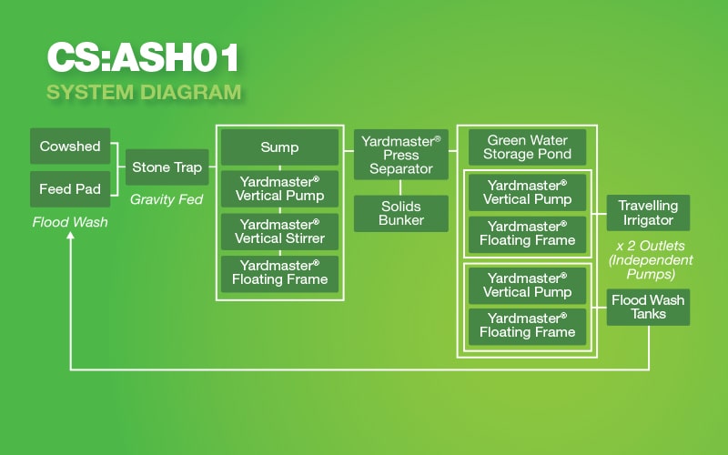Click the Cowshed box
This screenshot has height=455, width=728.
(x=70, y=147)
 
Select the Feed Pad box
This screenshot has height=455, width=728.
(x=70, y=189)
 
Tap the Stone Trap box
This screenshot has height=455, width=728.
(x=167, y=167)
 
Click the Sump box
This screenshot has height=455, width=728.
(x=279, y=147)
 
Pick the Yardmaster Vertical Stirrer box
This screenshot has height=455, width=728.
(x=279, y=232)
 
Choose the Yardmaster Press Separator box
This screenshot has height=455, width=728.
(x=401, y=155)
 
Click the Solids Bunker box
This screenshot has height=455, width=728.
(x=401, y=214)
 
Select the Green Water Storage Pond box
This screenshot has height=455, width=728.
(x=528, y=147)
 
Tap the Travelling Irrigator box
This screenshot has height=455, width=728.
(x=648, y=213)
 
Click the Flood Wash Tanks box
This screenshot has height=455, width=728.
(x=648, y=308)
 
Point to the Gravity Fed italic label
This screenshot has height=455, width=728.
(x=167, y=199)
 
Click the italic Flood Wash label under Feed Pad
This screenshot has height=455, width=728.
(x=70, y=222)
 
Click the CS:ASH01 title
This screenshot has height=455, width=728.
(x=143, y=57)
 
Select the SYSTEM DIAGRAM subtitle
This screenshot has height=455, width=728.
(x=144, y=92)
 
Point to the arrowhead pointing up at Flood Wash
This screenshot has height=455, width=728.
(x=71, y=236)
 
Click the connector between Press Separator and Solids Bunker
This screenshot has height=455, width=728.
(x=400, y=187)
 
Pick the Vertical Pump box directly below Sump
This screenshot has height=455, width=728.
(x=279, y=189)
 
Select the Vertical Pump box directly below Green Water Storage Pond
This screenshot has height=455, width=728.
(x=528, y=193)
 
